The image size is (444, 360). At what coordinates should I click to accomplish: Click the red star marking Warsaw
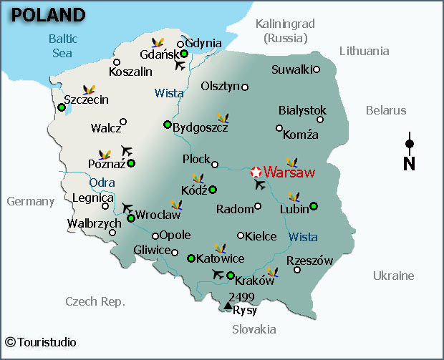256,172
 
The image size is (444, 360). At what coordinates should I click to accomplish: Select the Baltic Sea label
63,45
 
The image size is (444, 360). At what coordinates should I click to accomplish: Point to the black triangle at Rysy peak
228,306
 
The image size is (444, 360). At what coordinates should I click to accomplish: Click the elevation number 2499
241,296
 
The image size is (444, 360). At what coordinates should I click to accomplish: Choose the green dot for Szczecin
62,107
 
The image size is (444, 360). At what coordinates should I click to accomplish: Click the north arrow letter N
410,164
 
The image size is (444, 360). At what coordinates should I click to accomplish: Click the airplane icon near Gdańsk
180,65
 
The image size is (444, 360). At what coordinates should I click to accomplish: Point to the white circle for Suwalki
317,69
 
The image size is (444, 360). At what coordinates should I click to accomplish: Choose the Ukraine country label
393,276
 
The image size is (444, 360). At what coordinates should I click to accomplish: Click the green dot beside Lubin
313,207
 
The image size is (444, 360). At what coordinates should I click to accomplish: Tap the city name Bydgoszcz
201,127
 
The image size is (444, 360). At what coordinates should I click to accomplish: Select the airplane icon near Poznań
127,150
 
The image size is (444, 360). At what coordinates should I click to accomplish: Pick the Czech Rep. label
95,301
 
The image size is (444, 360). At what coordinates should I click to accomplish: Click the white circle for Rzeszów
297,270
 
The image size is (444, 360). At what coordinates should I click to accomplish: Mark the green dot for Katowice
190,258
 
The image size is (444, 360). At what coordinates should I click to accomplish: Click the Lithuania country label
365,51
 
